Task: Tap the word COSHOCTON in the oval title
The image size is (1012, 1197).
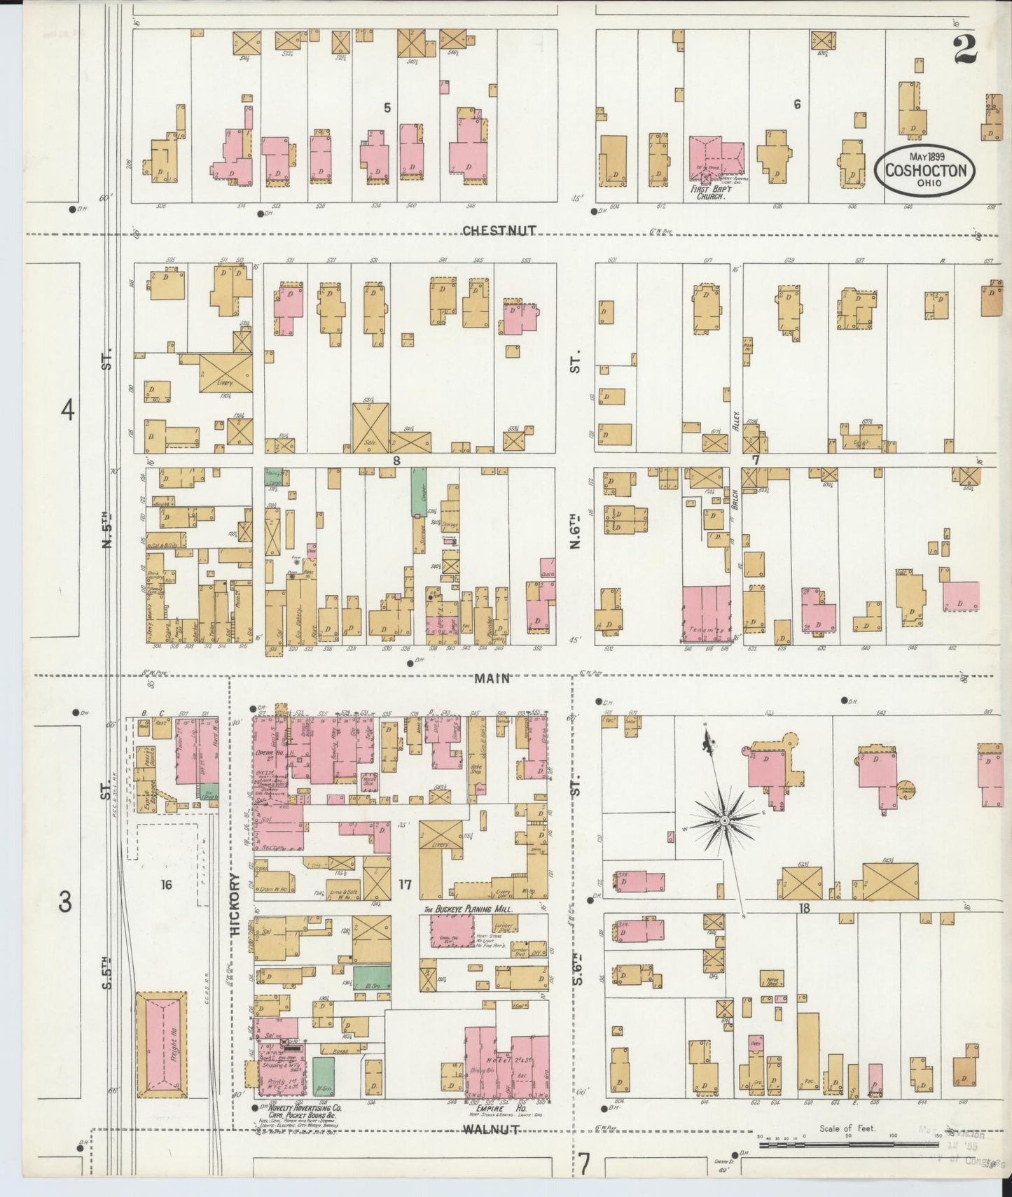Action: [926, 171]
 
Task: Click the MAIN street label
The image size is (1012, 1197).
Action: [492, 678]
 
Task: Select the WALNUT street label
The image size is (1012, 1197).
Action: [491, 1129]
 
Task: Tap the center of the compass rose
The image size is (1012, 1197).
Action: [726, 819]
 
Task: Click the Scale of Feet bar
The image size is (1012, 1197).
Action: [847, 1146]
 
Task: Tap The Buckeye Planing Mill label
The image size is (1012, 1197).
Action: [467, 909]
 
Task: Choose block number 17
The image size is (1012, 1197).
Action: [405, 885]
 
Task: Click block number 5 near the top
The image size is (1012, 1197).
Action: [387, 107]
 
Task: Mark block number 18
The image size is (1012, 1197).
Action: [804, 908]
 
